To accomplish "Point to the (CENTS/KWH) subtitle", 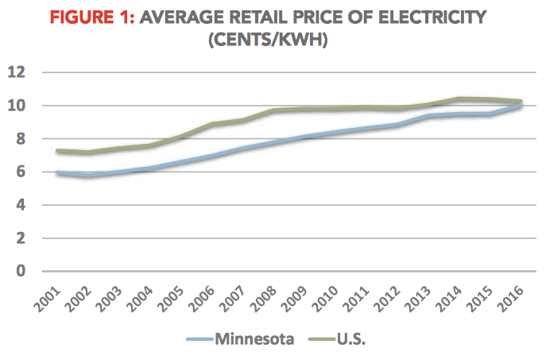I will coord(272,39).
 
